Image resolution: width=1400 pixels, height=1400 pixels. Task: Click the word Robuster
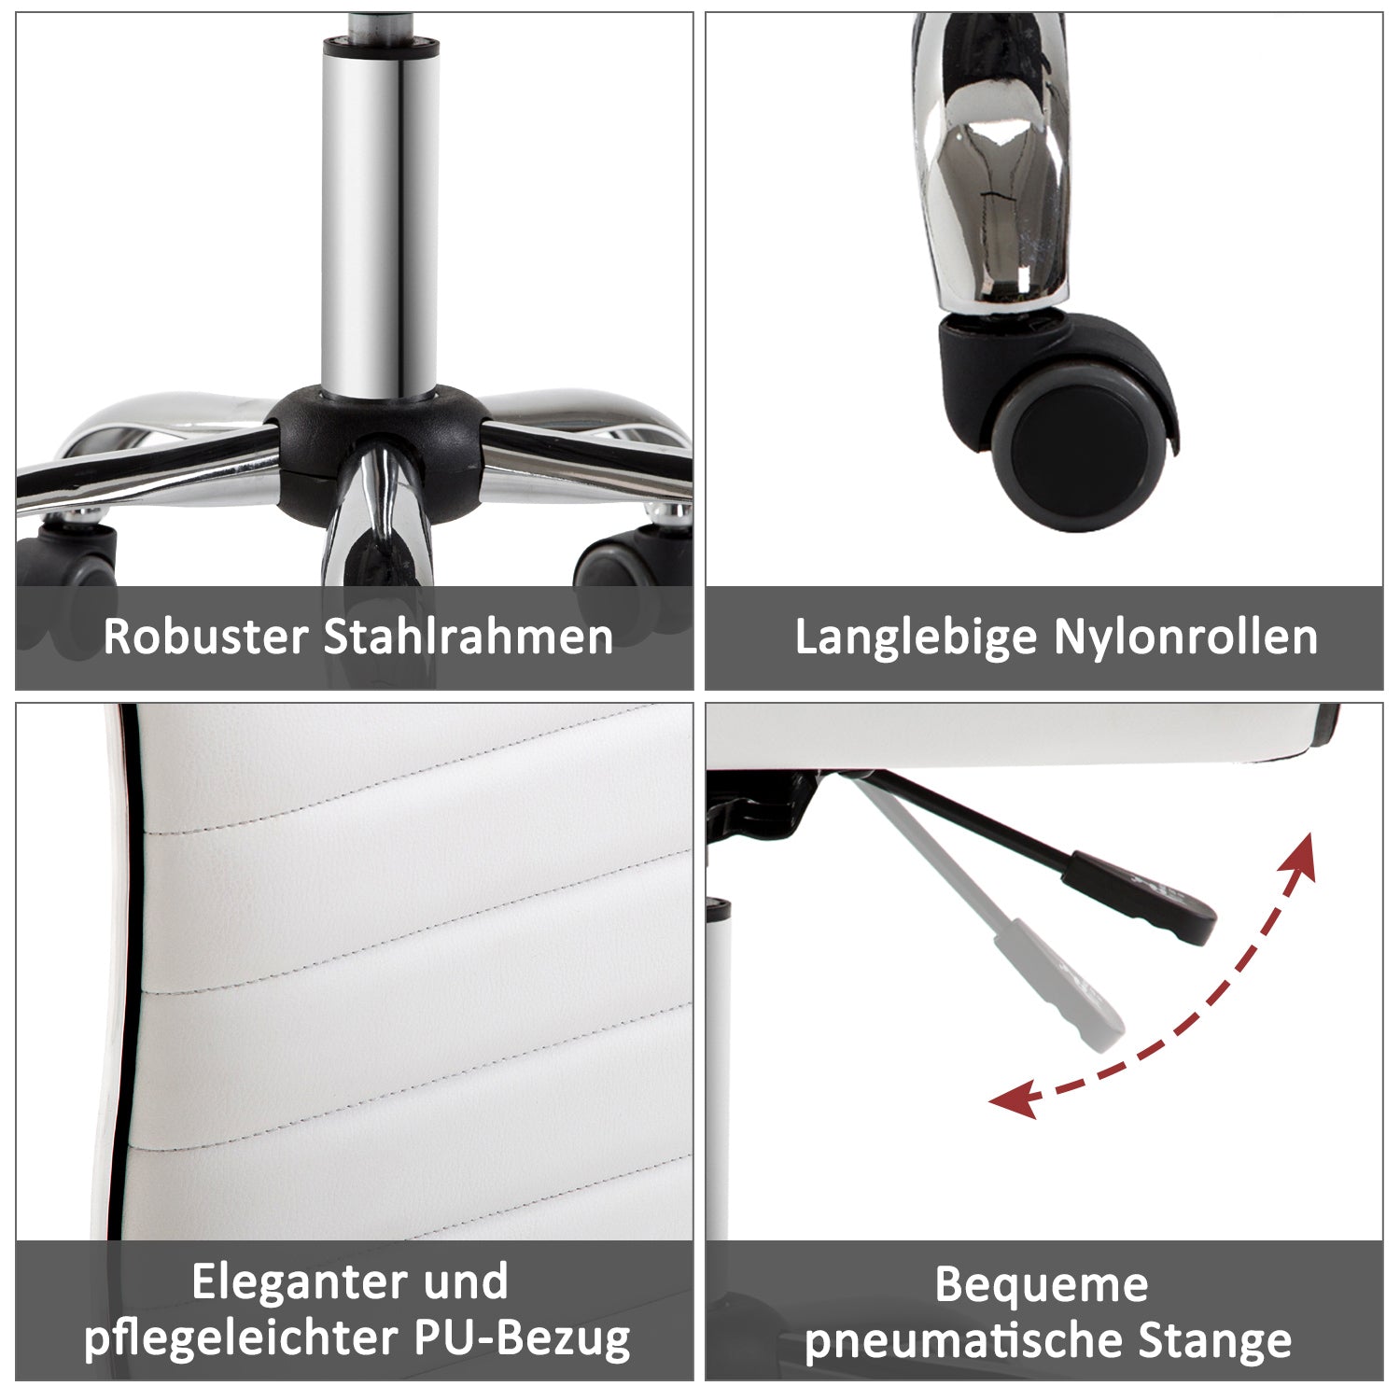[205, 637]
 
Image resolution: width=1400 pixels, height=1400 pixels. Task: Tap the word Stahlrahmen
[469, 637]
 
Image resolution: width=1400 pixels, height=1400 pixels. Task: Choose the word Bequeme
[1042, 1284]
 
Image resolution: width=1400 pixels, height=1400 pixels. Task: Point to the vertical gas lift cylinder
[381, 215]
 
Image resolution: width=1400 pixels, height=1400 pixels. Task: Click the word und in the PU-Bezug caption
[466, 1282]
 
